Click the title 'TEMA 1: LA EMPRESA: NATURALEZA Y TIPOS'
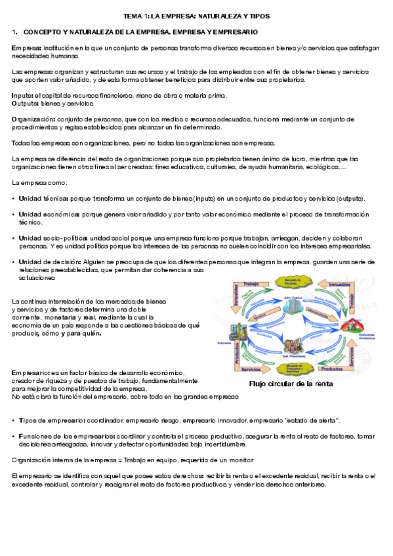(196, 16)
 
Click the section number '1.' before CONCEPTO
(14, 31)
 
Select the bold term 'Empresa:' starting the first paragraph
(26, 48)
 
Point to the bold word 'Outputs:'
(26, 103)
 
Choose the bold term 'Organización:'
(33, 119)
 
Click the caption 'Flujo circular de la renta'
(291, 384)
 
